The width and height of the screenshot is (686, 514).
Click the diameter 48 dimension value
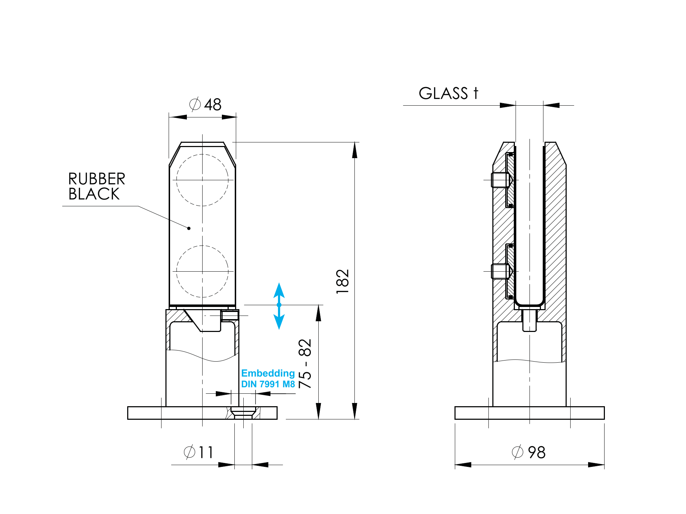[x=205, y=105]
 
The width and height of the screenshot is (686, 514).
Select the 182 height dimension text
[x=342, y=281]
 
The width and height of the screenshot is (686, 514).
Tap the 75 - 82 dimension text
[x=305, y=363]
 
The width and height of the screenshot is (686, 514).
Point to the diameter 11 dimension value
[x=199, y=452]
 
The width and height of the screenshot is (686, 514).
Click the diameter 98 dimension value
[x=529, y=452]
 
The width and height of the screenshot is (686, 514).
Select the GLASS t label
[x=448, y=94]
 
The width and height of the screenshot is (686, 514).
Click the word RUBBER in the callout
[x=96, y=179]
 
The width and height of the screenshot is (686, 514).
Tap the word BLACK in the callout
[x=94, y=194]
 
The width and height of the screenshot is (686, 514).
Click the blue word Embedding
[x=268, y=373]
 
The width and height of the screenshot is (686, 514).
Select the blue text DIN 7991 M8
[x=268, y=384]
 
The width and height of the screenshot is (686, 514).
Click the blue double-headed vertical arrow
[x=279, y=306]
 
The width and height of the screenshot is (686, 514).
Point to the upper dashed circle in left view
[x=202, y=180]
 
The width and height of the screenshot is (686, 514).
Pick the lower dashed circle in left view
[x=202, y=271]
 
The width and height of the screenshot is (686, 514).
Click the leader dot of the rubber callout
[x=189, y=228]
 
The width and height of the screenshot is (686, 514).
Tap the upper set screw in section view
[x=500, y=180]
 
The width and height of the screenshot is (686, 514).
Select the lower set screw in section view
[x=500, y=271]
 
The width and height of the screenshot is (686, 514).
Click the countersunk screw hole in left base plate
[x=243, y=413]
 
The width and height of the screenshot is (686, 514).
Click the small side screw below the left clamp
[x=230, y=316]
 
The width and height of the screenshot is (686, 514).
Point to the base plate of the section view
[x=529, y=413]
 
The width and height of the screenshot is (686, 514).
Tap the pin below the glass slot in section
[x=529, y=320]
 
